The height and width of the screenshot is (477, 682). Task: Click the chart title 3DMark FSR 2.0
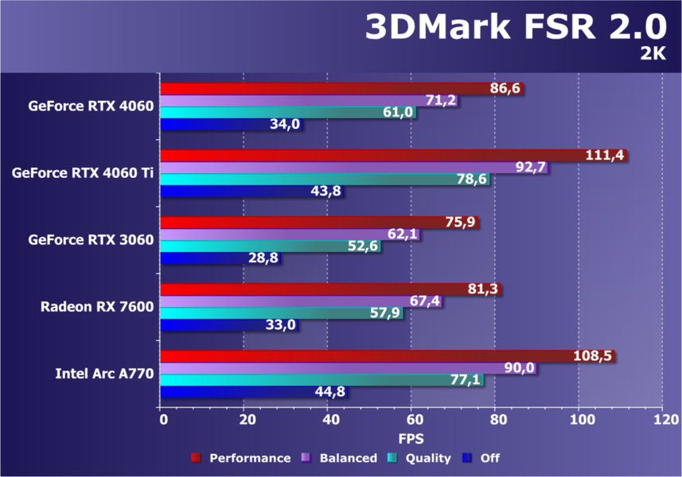pyautogui.click(x=514, y=28)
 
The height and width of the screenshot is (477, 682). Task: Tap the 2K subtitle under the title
pyautogui.click(x=653, y=53)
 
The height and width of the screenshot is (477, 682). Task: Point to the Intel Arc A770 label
pyautogui.click(x=105, y=372)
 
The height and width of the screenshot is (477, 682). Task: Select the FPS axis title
pyautogui.click(x=411, y=438)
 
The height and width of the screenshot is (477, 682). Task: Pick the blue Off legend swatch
pyautogui.click(x=468, y=458)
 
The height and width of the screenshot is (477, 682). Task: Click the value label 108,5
pyautogui.click(x=594, y=355)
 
